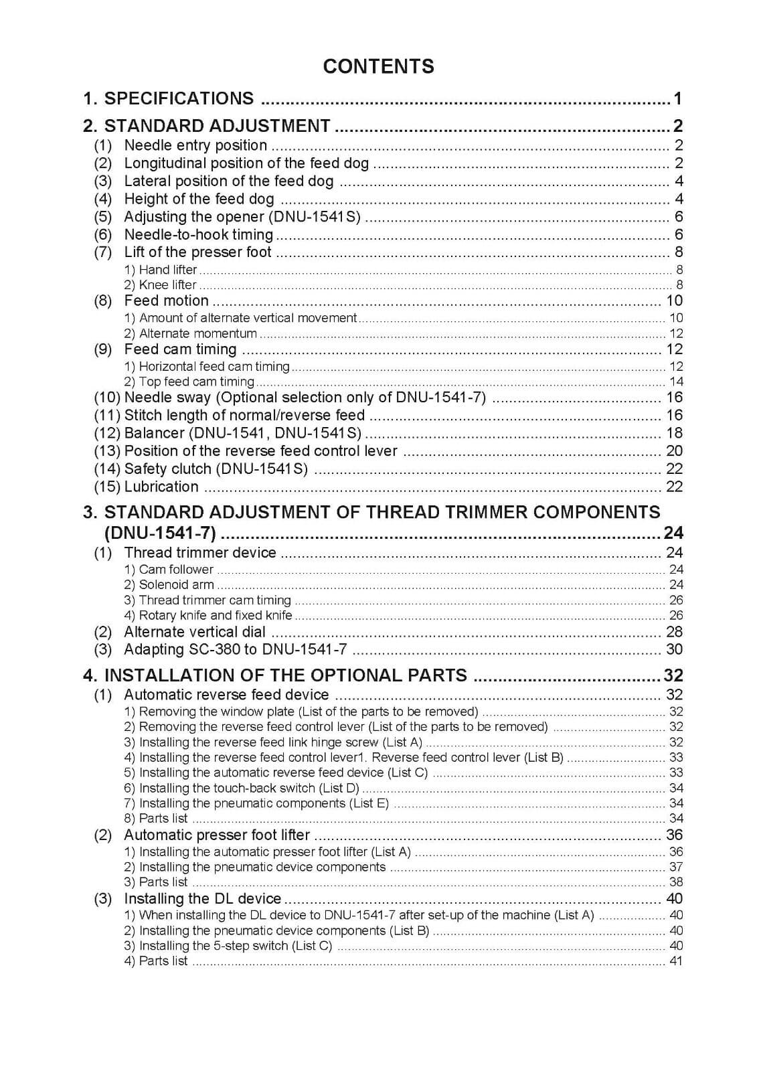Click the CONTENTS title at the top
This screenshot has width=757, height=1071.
coord(378,66)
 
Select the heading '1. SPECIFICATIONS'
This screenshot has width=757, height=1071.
coord(169,98)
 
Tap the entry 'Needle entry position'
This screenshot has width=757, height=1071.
coord(195,145)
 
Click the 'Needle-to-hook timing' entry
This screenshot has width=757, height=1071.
coord(199,234)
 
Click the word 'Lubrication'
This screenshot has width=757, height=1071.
coord(161,487)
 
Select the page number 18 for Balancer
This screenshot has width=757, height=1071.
coord(674,433)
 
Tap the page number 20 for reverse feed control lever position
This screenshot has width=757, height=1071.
coord(674,451)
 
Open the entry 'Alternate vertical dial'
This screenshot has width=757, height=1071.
coord(195,632)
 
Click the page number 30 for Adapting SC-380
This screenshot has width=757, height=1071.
coord(674,649)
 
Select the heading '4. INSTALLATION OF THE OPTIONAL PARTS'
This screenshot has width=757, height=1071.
coord(275,675)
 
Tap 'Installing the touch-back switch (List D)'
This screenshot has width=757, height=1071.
coord(249,788)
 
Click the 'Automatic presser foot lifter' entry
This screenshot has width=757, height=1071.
coord(217,835)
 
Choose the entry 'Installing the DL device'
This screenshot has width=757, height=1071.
coord(203,898)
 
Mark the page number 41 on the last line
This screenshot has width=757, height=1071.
coord(676,961)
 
